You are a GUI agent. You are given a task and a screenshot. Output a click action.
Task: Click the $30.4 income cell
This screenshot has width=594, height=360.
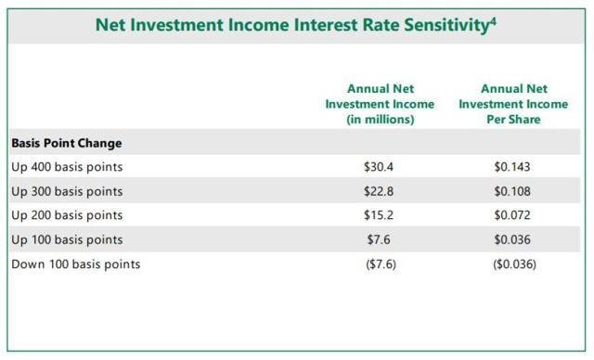(381, 167)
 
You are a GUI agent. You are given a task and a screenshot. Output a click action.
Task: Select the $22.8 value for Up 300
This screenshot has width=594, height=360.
(381, 191)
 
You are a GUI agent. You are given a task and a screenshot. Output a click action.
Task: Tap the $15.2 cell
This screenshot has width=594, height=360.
(381, 215)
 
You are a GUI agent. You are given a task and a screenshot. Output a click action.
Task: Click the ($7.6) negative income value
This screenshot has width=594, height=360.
(381, 264)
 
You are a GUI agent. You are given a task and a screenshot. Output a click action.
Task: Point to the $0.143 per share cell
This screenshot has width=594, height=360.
(513, 167)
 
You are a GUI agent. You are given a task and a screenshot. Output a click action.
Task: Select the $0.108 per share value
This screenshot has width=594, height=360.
(513, 191)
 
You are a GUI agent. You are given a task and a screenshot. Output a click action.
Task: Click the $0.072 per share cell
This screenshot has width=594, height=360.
(513, 215)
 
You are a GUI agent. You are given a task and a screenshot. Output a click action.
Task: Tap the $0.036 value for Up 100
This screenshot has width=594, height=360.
(513, 239)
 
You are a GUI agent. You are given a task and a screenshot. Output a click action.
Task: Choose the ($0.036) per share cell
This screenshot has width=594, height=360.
(513, 264)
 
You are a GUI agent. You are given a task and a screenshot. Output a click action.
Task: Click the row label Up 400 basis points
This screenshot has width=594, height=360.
(67, 167)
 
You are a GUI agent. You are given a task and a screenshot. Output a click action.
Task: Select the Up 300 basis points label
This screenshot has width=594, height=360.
(67, 191)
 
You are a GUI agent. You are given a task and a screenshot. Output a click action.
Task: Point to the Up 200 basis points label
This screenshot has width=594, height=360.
(67, 215)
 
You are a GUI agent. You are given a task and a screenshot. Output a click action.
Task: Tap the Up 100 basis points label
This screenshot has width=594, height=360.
(67, 239)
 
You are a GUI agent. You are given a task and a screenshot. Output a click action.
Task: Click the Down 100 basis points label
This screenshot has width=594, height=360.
(76, 264)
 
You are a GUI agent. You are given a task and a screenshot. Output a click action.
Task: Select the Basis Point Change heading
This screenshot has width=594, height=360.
(67, 143)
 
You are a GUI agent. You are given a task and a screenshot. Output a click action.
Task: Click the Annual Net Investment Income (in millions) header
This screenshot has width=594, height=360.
(381, 104)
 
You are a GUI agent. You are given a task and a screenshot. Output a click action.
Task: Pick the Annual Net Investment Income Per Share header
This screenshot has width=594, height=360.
(513, 104)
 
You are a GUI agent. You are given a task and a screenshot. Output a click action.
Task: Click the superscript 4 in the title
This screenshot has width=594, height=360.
(495, 18)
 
